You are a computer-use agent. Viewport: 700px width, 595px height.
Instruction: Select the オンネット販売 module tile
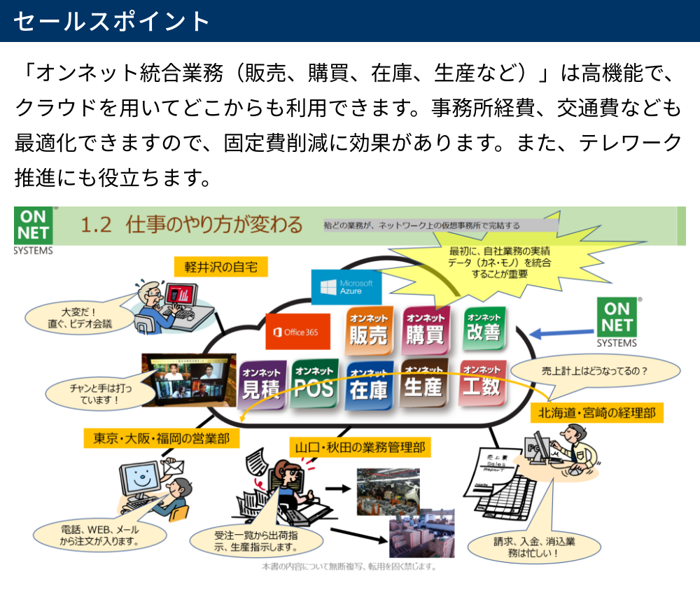click(x=368, y=329)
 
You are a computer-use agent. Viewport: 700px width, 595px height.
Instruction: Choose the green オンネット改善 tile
click(x=484, y=326)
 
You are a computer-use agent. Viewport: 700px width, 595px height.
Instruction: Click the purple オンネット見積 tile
click(x=261, y=382)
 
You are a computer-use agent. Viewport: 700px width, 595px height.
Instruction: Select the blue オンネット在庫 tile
click(x=369, y=384)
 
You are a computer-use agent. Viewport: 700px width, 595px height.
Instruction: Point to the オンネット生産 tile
click(x=423, y=381)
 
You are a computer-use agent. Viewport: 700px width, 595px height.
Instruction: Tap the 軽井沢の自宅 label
click(x=216, y=266)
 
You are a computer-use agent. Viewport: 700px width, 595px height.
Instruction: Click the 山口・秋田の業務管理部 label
click(x=360, y=447)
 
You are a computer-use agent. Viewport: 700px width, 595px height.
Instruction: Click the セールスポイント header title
click(x=112, y=21)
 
